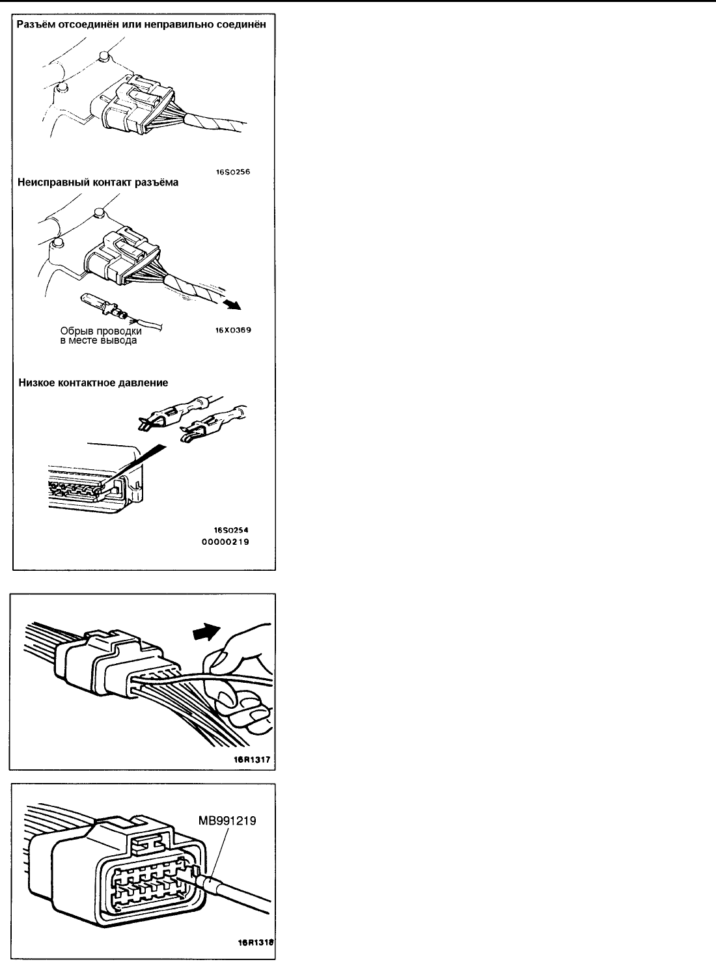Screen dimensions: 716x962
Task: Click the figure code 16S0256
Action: tap(234, 172)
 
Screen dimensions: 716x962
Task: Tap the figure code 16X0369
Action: tap(234, 330)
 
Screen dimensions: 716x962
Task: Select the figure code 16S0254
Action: tap(232, 530)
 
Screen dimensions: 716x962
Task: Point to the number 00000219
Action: tap(232, 542)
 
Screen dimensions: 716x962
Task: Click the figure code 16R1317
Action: tap(253, 759)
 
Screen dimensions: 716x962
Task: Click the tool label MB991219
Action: tap(227, 821)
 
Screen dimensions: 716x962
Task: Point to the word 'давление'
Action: tap(144, 383)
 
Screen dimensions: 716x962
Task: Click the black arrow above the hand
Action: tap(207, 629)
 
